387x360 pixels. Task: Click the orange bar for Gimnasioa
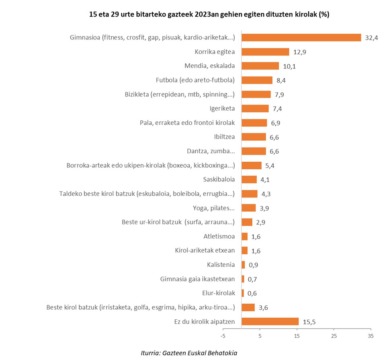[301, 37]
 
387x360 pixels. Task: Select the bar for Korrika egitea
[265, 52]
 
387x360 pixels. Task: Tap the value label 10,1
[289, 66]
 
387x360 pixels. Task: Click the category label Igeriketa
[222, 109]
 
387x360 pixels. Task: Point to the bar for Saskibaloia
[249, 179]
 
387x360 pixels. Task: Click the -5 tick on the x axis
[223, 336]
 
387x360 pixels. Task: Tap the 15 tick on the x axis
[297, 336]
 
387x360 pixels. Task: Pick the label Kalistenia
[221, 265]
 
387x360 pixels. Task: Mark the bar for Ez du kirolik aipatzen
[270, 321]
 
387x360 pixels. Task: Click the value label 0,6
[252, 293]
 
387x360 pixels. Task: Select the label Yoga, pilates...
[214, 208]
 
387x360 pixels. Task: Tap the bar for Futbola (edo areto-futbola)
[257, 80]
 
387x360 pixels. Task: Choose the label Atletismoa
[219, 236]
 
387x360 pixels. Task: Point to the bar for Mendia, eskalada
[260, 66]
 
